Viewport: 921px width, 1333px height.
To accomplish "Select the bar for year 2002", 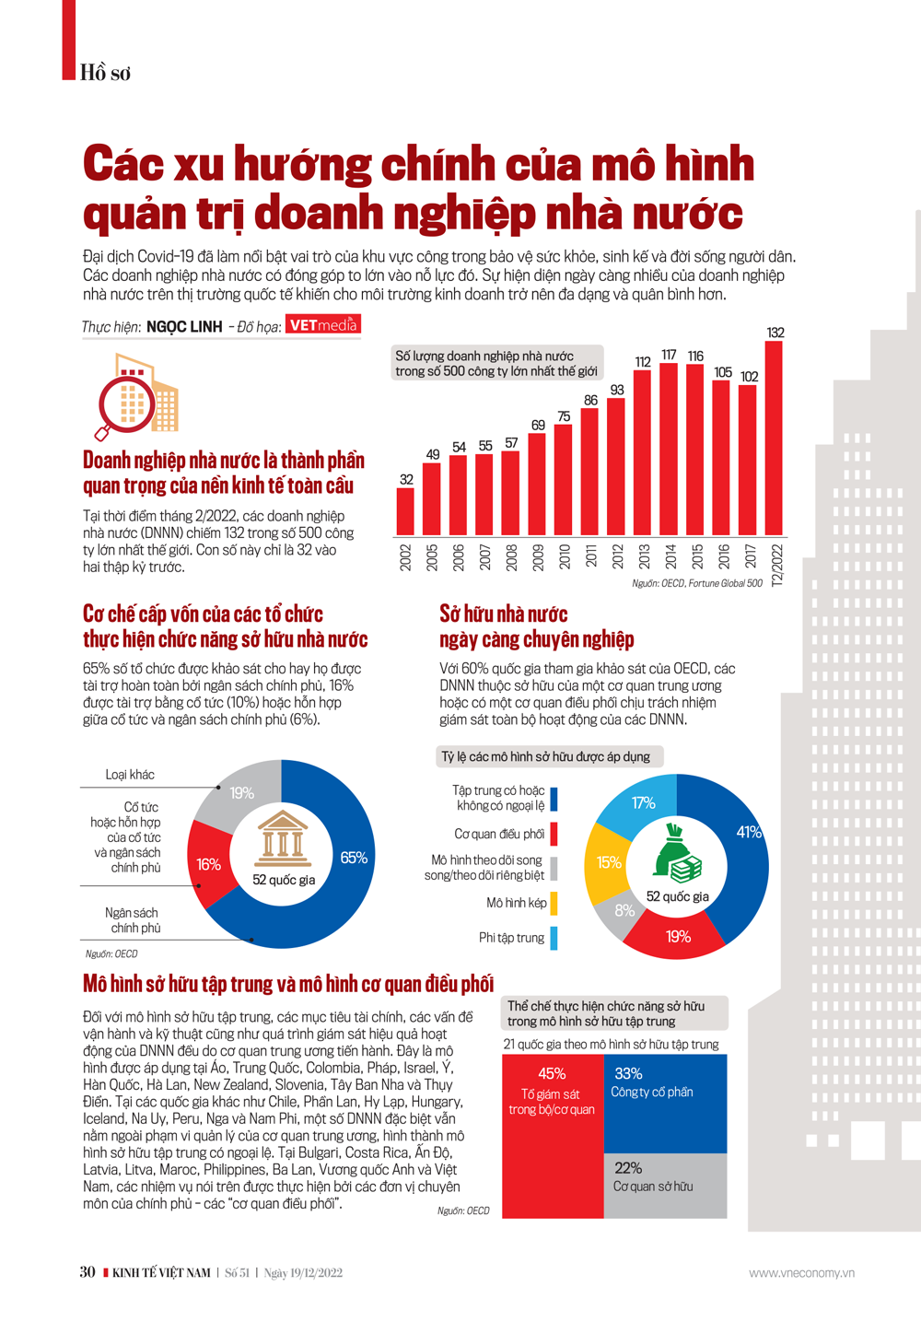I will [405, 511].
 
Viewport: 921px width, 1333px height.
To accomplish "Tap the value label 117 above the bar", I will [669, 355].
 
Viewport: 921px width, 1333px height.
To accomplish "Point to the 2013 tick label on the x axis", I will [644, 556].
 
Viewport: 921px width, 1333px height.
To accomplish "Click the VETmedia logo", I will [322, 324].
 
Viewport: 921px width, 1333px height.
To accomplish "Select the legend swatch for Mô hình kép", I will [554, 903].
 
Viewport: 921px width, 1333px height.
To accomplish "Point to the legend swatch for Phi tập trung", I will [554, 938].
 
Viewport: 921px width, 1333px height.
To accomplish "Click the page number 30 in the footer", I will [87, 1272].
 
